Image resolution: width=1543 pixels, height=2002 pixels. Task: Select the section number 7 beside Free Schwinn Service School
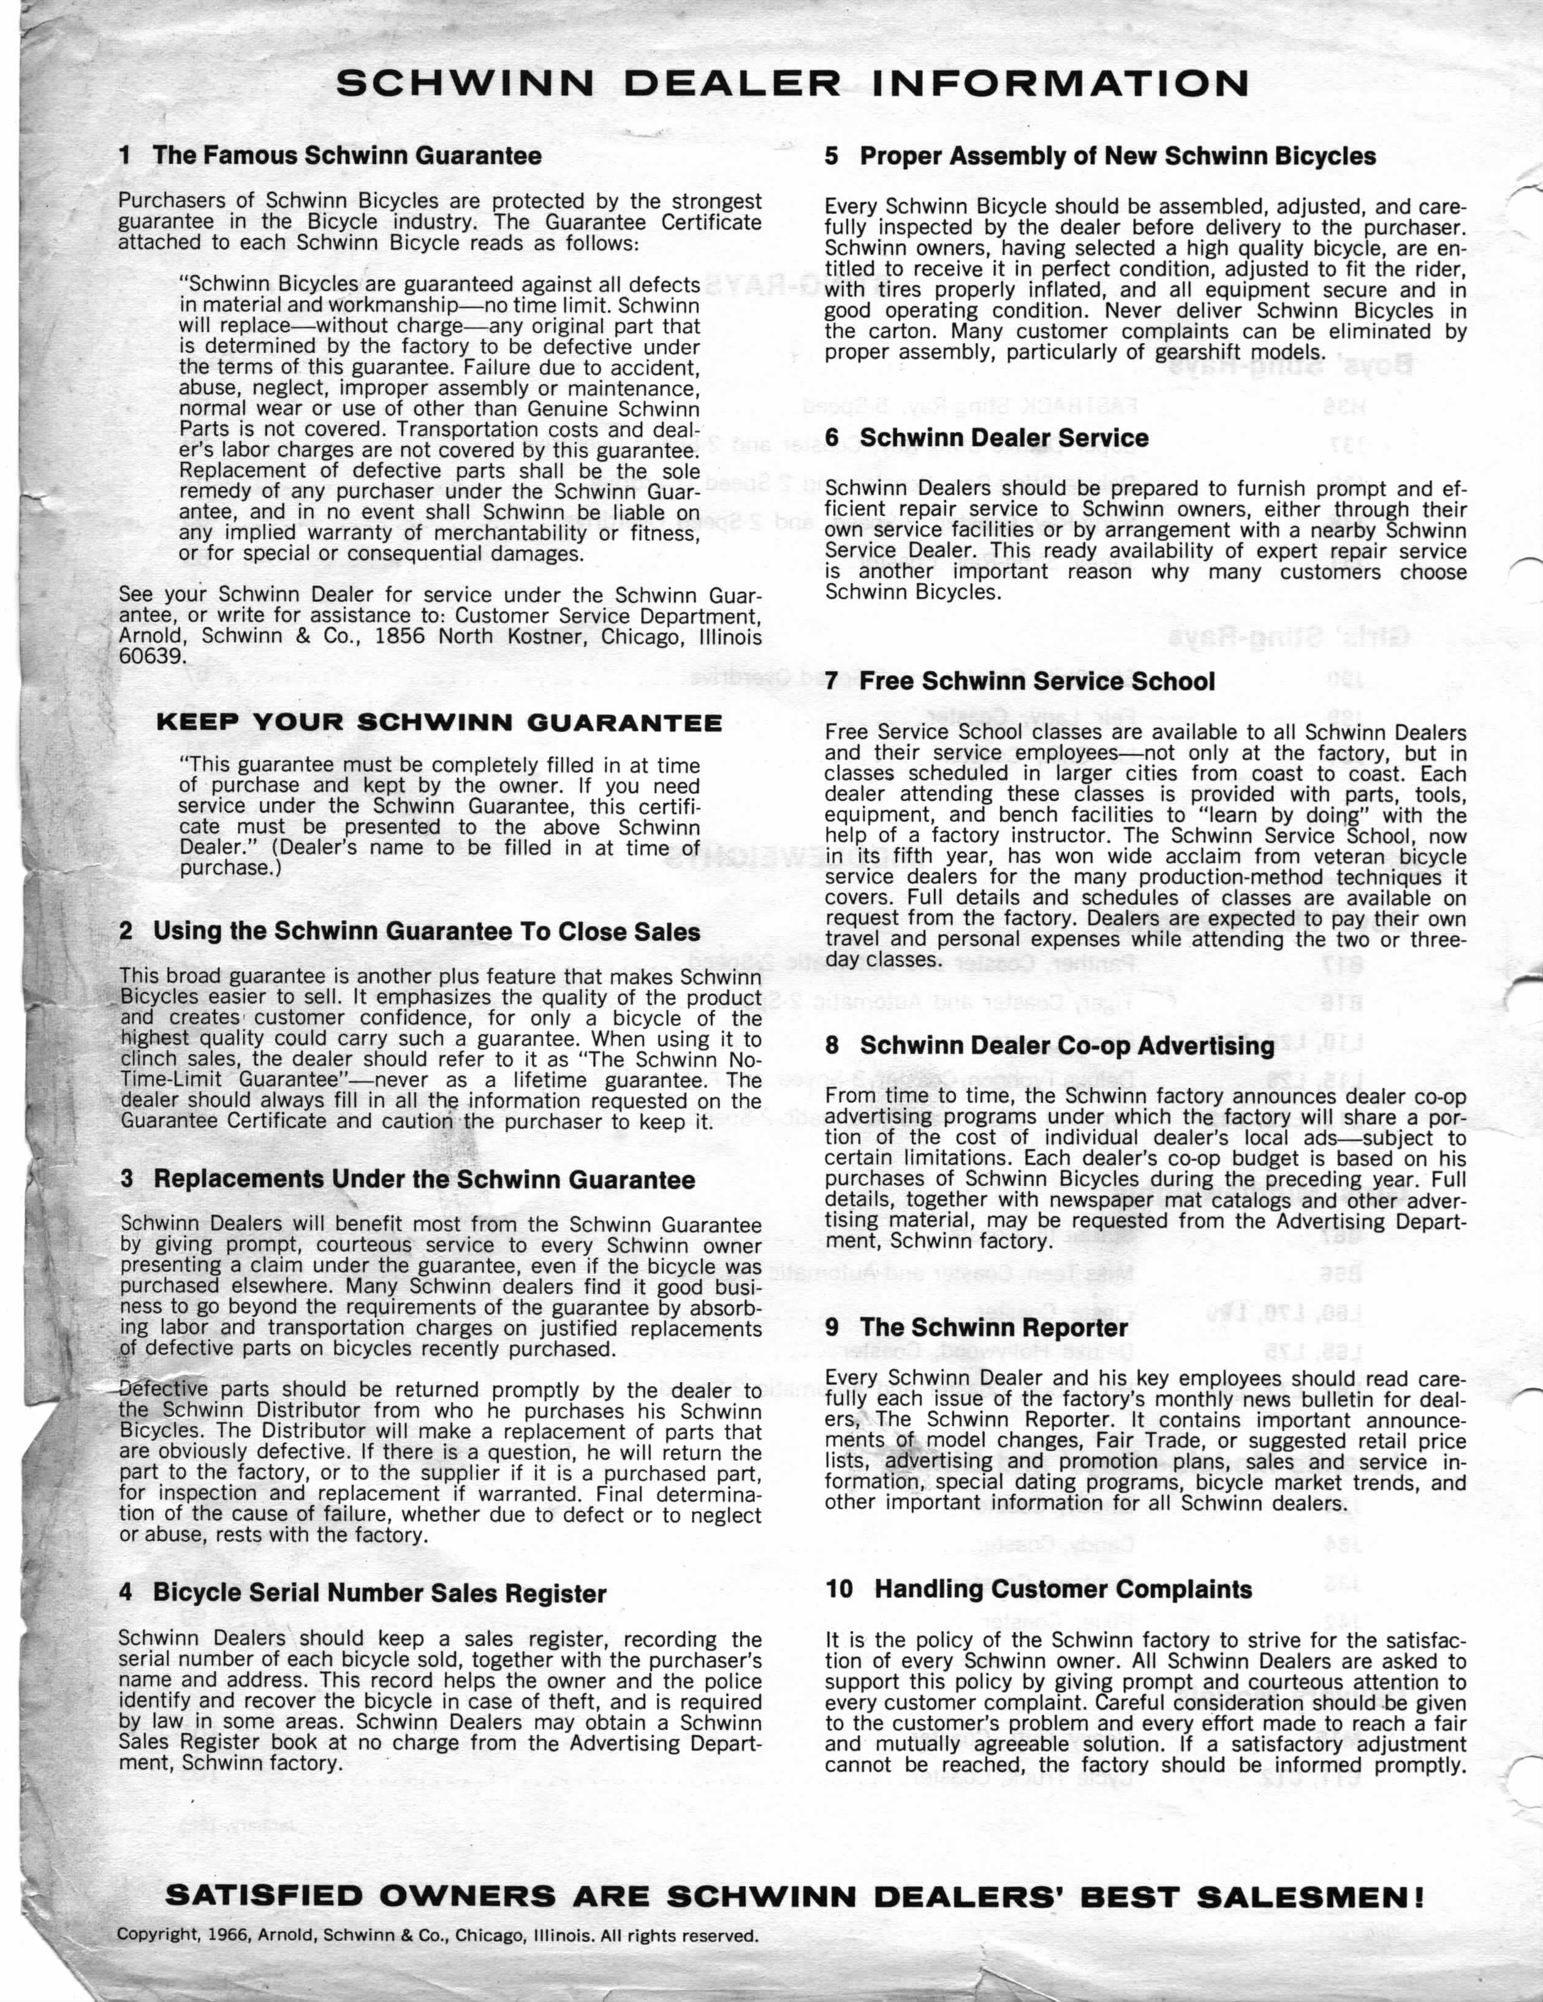(832, 681)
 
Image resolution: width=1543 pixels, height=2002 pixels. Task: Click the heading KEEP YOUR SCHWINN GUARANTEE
(439, 722)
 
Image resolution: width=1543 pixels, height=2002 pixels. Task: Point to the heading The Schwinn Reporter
(994, 1328)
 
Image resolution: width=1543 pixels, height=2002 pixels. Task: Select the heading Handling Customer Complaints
(1064, 1590)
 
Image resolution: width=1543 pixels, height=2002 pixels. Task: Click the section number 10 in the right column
(839, 1590)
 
